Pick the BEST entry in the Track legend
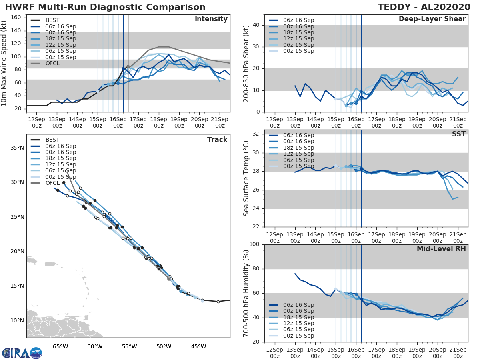[53, 140]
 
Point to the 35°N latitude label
[17, 148]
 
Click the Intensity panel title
[211, 19]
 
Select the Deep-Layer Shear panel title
[432, 19]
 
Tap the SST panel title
[458, 134]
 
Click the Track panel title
[217, 140]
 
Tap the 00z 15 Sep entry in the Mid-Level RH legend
[298, 336]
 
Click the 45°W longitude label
[199, 346]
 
